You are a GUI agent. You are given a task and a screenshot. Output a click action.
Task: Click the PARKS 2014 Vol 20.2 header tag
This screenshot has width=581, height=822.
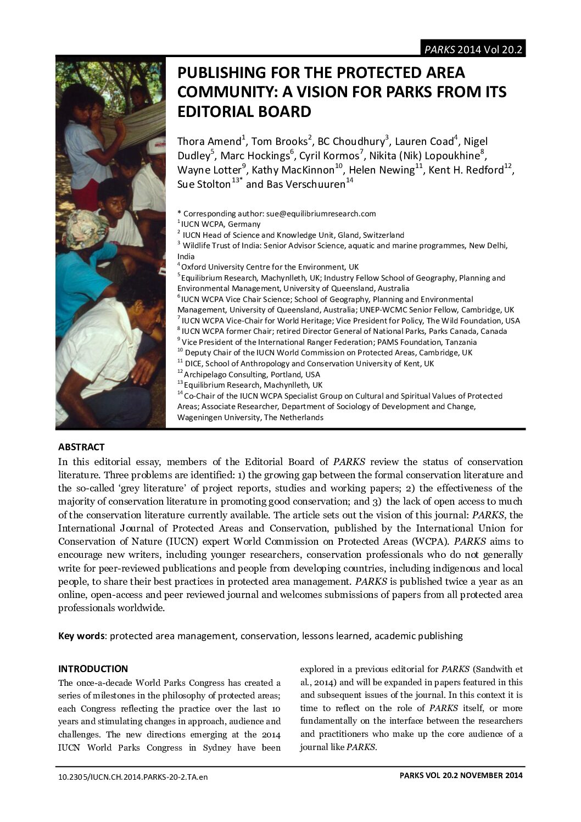[x=472, y=49]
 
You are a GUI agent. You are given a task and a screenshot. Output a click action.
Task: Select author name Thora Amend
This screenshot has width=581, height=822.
[x=209, y=142]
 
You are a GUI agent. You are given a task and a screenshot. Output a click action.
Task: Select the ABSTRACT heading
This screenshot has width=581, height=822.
[x=81, y=447]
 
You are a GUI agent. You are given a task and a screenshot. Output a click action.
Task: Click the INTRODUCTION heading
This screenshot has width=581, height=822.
[x=93, y=669]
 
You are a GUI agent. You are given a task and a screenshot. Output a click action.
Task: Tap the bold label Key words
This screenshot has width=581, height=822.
[x=81, y=636]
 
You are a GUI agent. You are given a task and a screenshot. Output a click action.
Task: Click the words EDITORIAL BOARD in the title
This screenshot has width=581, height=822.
[x=244, y=111]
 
